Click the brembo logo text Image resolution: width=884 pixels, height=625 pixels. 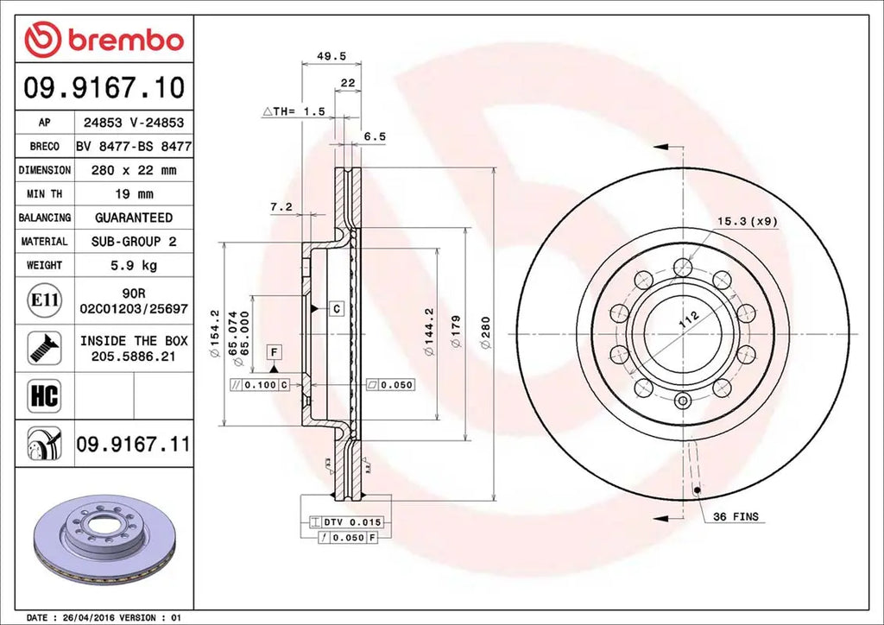[x=124, y=40]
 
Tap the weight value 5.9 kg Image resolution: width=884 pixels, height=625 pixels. [x=133, y=265]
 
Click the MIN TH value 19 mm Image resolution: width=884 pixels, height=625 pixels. [x=133, y=194]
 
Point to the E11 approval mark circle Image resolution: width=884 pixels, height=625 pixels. [x=44, y=300]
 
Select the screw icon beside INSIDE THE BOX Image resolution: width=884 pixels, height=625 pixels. [x=44, y=347]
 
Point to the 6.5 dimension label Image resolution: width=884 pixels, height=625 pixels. [x=375, y=136]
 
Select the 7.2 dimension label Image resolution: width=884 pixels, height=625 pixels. [x=281, y=207]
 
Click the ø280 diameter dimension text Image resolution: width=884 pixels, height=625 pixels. [x=485, y=332]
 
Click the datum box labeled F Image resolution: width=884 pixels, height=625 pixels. [x=274, y=351]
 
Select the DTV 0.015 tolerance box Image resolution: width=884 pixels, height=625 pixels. [x=345, y=523]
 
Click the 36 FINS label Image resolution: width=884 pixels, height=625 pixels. [x=736, y=516]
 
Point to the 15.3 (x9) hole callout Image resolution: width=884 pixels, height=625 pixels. [x=748, y=221]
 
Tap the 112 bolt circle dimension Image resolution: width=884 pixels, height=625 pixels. [x=687, y=319]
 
